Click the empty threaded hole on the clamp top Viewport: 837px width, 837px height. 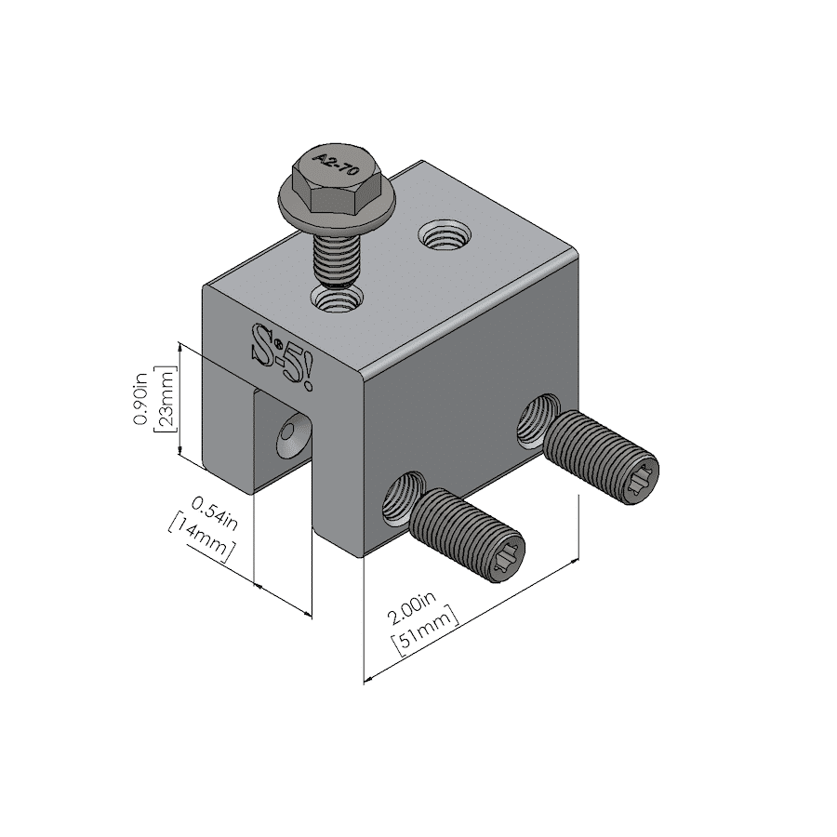444,233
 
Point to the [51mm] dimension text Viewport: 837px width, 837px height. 426,632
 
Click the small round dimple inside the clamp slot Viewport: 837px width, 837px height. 293,434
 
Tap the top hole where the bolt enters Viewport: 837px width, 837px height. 338,299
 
